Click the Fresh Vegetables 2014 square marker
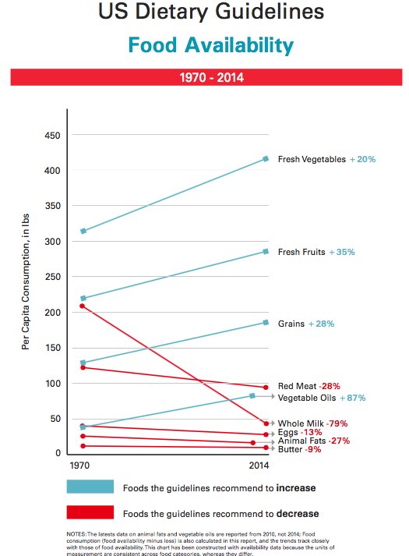pos(266,159)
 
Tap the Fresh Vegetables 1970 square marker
pos(83,231)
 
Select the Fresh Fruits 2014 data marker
pos(266,251)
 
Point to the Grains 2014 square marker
pos(266,322)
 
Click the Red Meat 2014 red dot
pos(266,388)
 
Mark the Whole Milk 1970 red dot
pos(82,306)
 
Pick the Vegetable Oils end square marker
pos(252,395)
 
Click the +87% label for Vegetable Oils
pos(353,398)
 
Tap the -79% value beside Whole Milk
pos(337,423)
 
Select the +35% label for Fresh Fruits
pos(342,252)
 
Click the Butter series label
pos(290,449)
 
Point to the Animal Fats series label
pos(301,441)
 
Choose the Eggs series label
pos(288,432)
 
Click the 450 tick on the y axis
pos(52,136)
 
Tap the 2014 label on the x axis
pos(259,466)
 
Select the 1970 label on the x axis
pos(79,466)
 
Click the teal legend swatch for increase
pos(90,487)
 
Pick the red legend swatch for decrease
pos(90,512)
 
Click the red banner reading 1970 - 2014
pos(206,77)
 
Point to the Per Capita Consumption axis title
pos(26,282)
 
